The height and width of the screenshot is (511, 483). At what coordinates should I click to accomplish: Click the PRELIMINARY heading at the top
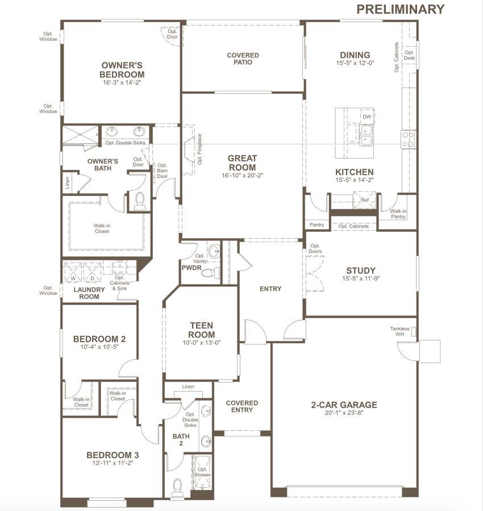(401, 9)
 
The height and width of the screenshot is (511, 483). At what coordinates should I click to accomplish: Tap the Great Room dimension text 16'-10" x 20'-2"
(242, 175)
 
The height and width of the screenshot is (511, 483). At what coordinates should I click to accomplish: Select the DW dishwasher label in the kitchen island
(367, 117)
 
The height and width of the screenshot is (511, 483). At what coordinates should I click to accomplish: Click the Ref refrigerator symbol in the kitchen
(364, 200)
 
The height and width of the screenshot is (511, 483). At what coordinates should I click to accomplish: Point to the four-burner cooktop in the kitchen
(408, 139)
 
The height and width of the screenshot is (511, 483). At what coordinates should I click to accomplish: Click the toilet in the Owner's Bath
(140, 201)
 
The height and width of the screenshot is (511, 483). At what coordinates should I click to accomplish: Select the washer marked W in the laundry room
(73, 272)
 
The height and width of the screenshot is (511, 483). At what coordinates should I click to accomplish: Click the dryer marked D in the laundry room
(93, 272)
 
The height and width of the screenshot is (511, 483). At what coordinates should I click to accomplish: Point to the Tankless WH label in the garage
(399, 331)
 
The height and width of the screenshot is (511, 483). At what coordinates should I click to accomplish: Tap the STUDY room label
(361, 271)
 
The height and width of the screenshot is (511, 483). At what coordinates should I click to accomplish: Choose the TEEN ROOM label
(202, 330)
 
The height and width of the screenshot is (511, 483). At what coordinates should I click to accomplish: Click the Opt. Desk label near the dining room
(409, 55)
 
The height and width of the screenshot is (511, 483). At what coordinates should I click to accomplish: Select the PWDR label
(191, 268)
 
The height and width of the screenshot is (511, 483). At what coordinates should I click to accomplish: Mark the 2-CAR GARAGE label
(344, 405)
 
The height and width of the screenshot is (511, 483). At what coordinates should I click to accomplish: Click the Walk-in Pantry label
(398, 214)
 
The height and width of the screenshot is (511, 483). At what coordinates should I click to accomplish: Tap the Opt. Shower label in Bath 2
(202, 472)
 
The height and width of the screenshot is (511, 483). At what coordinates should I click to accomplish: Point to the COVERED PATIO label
(243, 59)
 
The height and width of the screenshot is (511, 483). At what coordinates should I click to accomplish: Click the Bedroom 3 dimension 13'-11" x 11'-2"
(113, 463)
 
